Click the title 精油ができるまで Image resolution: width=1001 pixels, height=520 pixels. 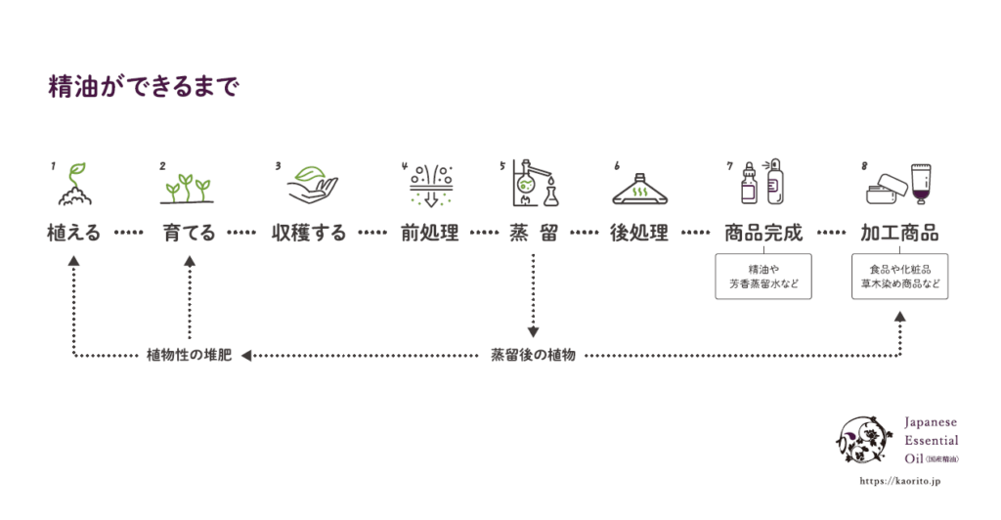(x=144, y=87)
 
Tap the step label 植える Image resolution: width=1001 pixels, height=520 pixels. (x=73, y=234)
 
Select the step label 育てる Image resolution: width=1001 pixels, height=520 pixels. (x=189, y=234)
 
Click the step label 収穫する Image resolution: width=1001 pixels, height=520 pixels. (x=309, y=234)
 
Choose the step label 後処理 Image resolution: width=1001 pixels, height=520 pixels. (x=638, y=234)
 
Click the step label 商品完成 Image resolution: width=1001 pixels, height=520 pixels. (x=763, y=234)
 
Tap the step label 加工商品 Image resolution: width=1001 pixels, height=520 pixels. (x=899, y=234)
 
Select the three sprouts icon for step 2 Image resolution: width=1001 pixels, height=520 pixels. (x=187, y=188)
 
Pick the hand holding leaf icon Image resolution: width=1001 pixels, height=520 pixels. (x=312, y=183)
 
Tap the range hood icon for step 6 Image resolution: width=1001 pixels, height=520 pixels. (x=639, y=188)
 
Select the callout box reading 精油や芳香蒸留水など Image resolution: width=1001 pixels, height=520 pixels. (x=763, y=277)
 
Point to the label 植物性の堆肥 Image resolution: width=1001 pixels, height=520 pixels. (x=189, y=355)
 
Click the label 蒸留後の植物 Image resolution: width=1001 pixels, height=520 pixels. (x=533, y=355)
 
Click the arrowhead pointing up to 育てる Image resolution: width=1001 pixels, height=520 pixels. (x=190, y=262)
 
